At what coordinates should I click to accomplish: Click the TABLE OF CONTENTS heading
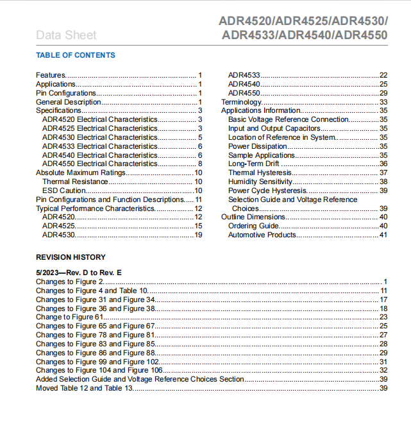tap(76, 55)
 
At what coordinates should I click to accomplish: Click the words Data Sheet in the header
tap(66, 35)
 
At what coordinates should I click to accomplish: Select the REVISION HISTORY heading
tap(71, 257)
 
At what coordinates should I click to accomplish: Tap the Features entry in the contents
tap(51, 75)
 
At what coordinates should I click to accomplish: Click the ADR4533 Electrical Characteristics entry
tap(99, 146)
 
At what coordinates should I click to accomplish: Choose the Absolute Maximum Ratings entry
tap(81, 173)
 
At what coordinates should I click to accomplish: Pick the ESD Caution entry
tap(64, 190)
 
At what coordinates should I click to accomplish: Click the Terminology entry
tap(242, 102)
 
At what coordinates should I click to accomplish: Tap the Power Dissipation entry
tap(258, 146)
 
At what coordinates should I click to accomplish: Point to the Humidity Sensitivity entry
tap(260, 182)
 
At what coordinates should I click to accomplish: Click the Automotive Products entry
tap(262, 235)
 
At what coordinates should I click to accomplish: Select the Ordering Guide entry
tap(253, 226)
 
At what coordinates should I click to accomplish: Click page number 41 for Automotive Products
tap(383, 235)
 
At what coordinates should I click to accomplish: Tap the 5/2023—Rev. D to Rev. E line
tap(79, 273)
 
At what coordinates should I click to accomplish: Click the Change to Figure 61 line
tap(69, 317)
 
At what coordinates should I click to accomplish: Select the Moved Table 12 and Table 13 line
tap(84, 388)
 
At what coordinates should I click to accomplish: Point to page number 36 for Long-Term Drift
tap(383, 164)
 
